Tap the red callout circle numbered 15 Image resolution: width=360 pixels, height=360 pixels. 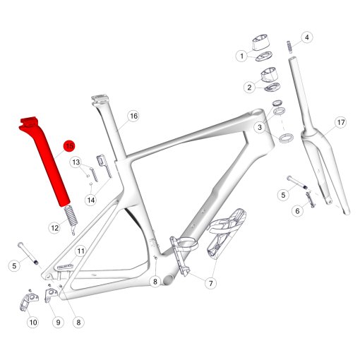[70, 146]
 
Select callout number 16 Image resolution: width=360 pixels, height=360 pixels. [133, 116]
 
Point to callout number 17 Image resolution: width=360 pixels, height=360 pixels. [341, 122]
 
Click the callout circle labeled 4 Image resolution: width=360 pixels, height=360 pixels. [307, 37]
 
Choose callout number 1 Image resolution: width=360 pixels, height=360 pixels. [241, 56]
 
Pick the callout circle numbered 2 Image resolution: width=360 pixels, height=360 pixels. [249, 88]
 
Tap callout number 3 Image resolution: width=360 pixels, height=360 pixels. [260, 127]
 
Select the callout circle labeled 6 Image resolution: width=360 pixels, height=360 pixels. [297, 211]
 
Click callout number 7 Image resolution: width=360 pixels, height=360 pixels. [210, 283]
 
